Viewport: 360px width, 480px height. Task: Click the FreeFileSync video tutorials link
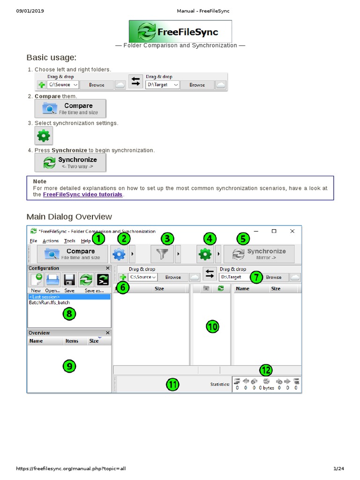[82, 195]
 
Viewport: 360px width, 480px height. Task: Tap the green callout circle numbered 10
[212, 327]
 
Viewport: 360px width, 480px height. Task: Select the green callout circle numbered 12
[266, 370]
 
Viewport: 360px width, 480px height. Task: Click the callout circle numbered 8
[69, 314]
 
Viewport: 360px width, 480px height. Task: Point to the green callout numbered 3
[167, 239]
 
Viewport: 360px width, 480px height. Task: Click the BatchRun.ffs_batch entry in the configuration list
[49, 302]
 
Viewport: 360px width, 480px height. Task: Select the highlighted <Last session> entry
[69, 297]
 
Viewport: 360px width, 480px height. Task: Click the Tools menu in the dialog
[69, 241]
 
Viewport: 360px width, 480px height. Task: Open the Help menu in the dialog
[86, 241]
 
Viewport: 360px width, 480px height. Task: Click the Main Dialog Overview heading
[69, 217]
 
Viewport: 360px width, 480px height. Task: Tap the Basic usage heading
[52, 58]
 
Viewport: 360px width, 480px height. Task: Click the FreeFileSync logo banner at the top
[180, 31]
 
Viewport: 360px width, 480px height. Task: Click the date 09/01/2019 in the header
[30, 11]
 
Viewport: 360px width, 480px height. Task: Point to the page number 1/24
[338, 468]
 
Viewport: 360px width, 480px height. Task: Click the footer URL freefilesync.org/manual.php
[71, 468]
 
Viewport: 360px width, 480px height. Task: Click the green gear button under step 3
[44, 135]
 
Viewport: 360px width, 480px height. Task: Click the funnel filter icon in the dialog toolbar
[162, 254]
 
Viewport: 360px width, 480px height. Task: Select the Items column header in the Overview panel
[72, 341]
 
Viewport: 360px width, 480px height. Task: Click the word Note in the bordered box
[40, 181]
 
